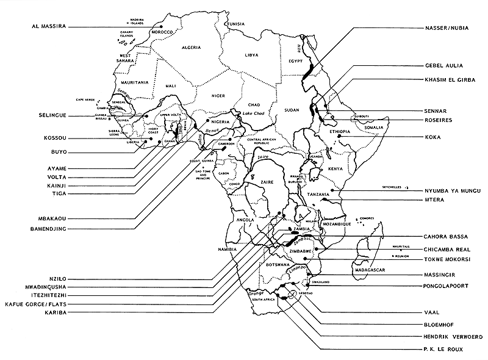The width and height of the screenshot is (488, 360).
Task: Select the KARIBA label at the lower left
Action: pyautogui.click(x=51, y=312)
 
